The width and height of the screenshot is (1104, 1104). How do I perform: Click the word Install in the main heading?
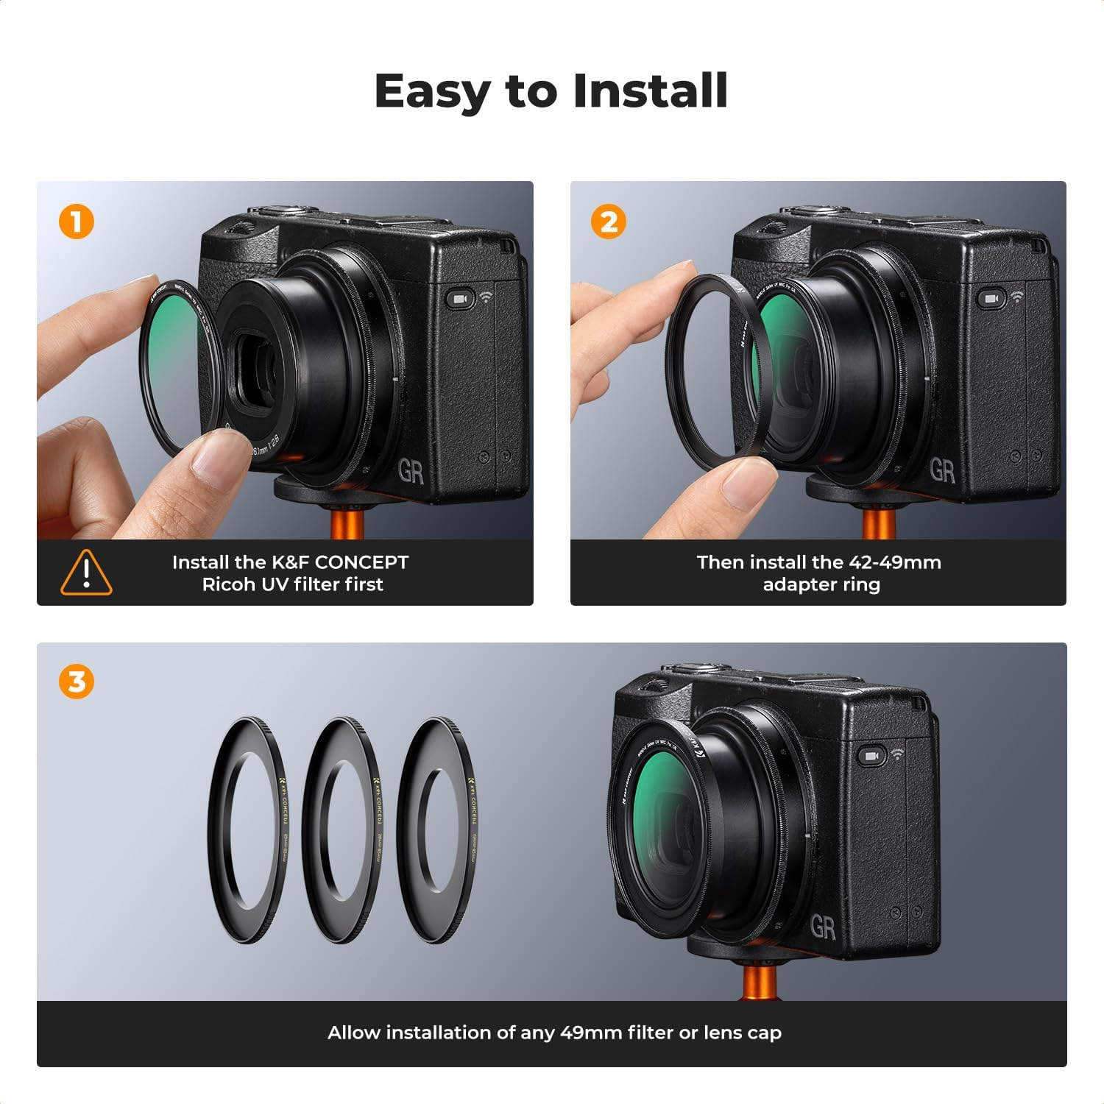click(x=650, y=91)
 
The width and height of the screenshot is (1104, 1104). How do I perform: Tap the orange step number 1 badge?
click(x=77, y=221)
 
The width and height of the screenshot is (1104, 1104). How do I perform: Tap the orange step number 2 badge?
click(x=609, y=221)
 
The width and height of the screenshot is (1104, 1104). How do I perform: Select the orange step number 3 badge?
click(x=77, y=682)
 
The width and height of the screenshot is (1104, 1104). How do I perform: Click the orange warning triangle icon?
click(x=86, y=573)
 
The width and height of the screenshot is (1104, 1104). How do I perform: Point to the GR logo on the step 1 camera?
click(x=411, y=471)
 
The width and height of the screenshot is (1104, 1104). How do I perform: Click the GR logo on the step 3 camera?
click(x=822, y=927)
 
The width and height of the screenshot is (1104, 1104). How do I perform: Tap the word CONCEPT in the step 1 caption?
click(x=361, y=562)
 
